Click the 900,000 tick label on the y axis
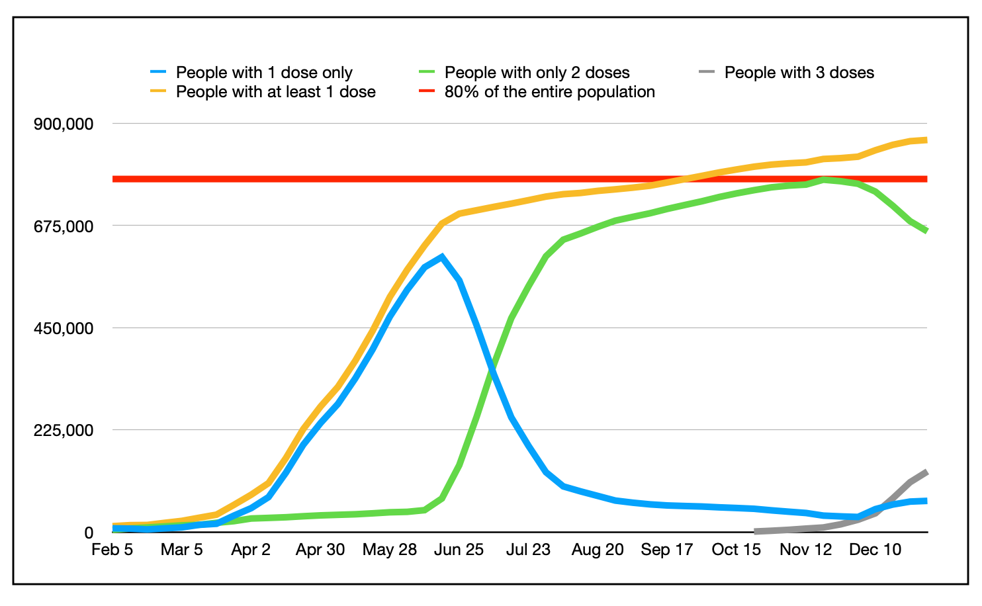[x=64, y=124]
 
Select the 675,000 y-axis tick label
[x=64, y=226]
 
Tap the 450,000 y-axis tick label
[x=64, y=328]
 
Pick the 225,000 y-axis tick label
[x=64, y=431]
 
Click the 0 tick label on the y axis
[x=88, y=533]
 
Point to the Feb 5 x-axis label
[x=112, y=550]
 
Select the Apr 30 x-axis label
[x=320, y=550]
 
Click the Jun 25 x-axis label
[x=459, y=550]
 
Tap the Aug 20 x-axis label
[x=598, y=550]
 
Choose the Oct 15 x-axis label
[x=736, y=550]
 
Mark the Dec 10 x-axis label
[x=875, y=550]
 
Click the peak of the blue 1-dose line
[x=441, y=257]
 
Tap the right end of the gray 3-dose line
[x=926, y=472]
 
